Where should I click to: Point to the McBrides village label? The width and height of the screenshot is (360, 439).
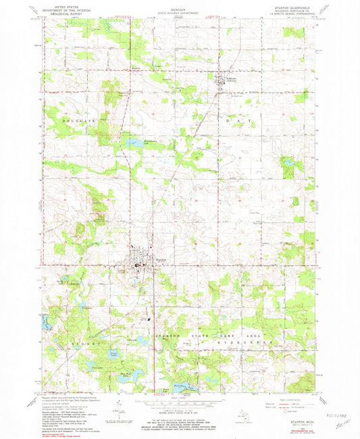(x=230, y=78)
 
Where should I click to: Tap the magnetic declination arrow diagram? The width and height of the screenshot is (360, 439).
(x=120, y=405)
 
